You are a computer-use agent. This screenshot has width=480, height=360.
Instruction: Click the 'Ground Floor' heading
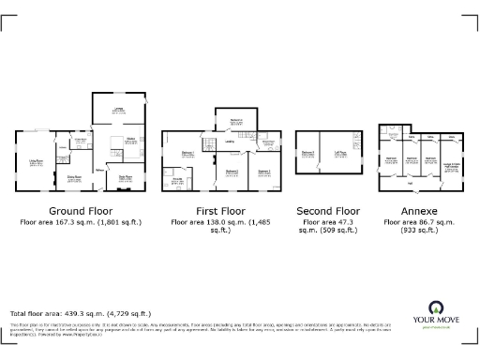pos(80,212)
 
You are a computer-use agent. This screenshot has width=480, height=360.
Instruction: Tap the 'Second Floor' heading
pos(328,212)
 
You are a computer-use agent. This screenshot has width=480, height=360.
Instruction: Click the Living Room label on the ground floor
pos(38,161)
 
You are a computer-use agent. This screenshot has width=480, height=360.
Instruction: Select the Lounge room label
pos(119,111)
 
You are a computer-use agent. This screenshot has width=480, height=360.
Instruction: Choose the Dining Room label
pos(73,175)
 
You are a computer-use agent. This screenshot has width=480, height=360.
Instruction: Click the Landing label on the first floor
pos(230,142)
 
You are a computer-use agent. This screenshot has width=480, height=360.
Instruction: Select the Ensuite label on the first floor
pos(177,178)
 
